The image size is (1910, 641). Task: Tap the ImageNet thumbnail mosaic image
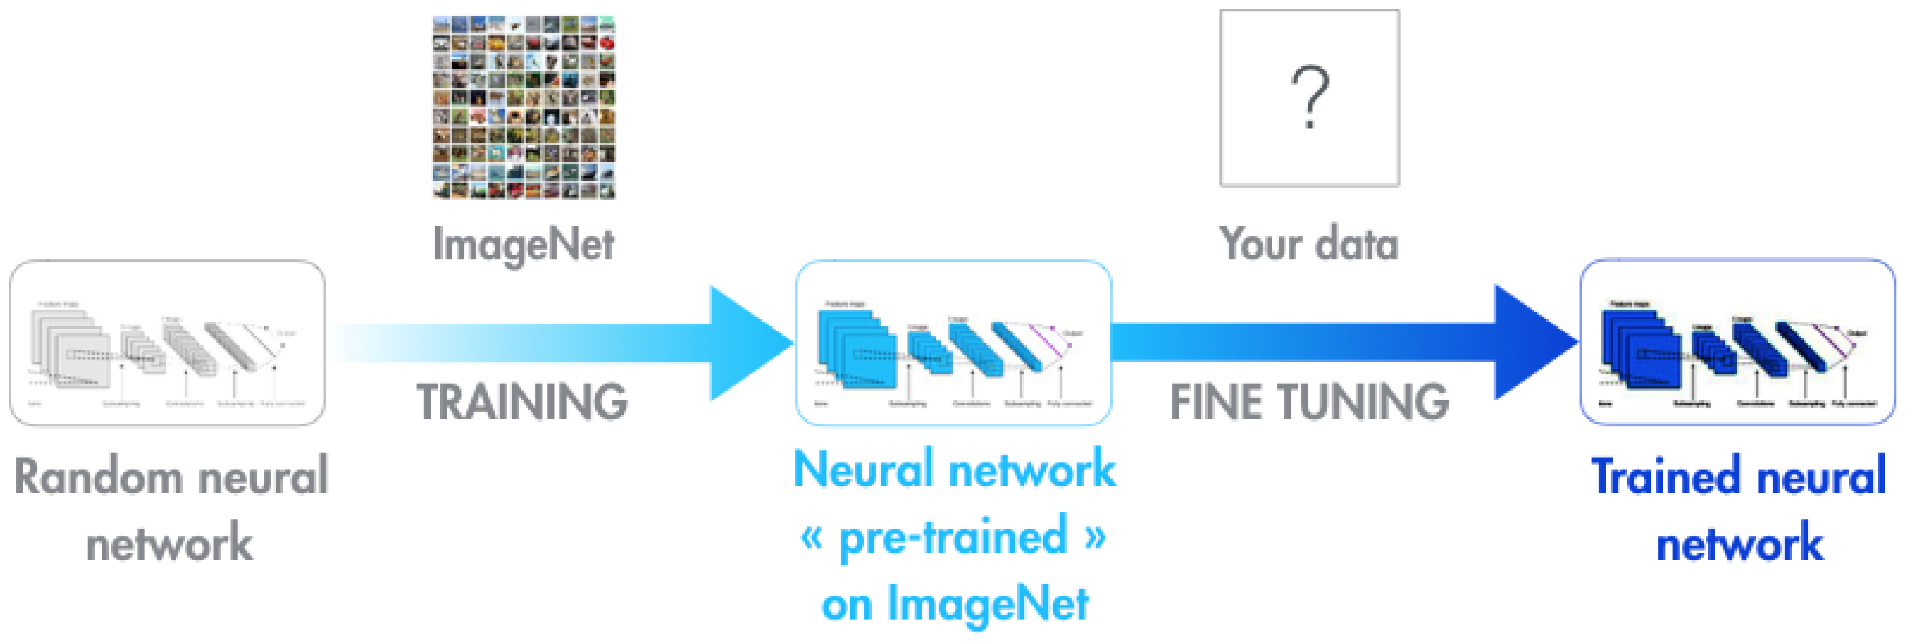click(x=524, y=108)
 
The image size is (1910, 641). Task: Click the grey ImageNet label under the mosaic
click(x=524, y=245)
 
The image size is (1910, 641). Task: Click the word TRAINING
click(x=522, y=402)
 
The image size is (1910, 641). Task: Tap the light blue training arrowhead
click(x=745, y=343)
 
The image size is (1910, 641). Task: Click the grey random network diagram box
click(x=167, y=343)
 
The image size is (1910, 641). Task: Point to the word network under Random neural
click(x=170, y=544)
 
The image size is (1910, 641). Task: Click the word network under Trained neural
click(x=1739, y=544)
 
